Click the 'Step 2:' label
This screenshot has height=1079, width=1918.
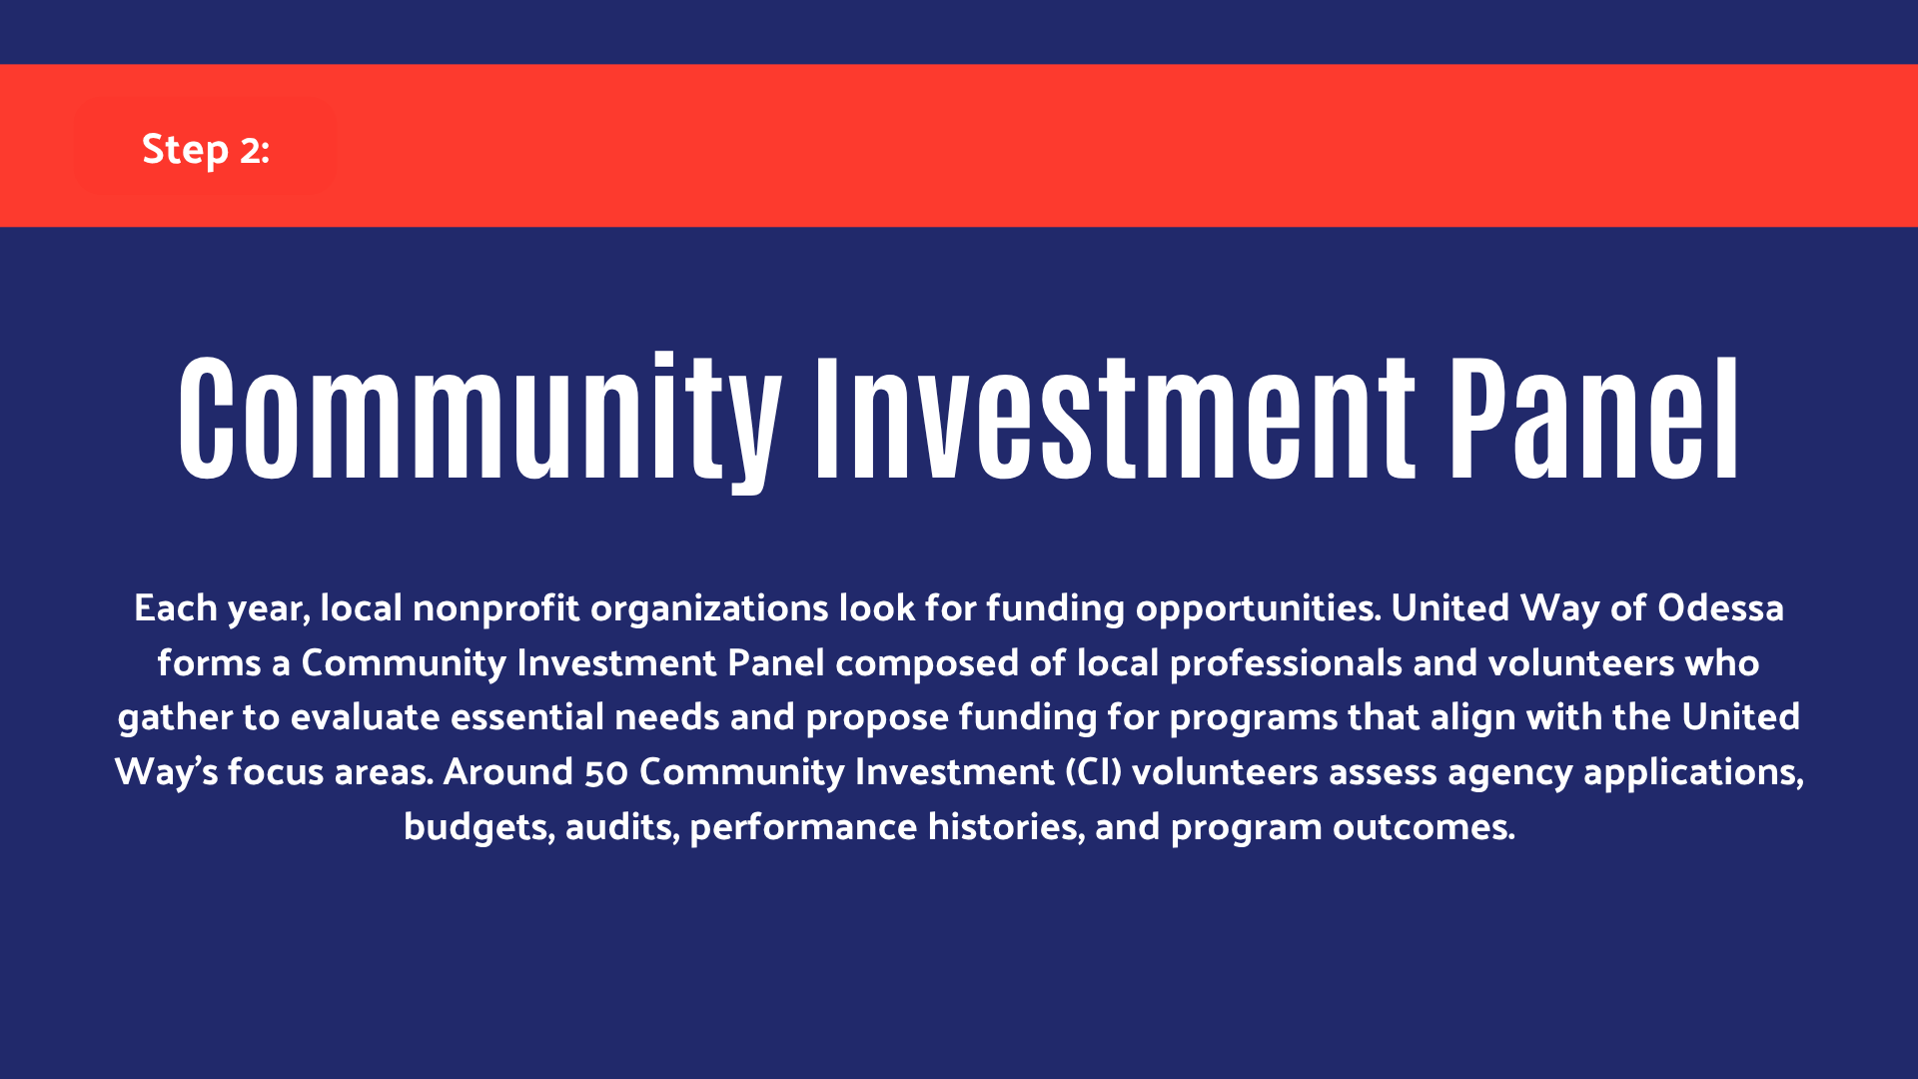click(206, 150)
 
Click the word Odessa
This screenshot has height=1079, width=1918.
click(1720, 607)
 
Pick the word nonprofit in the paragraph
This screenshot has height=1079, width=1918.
click(495, 608)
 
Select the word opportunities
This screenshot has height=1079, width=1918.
click(1259, 608)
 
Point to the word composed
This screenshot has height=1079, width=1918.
click(927, 663)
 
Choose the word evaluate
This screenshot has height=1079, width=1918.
click(366, 717)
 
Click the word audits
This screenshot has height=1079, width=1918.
click(622, 827)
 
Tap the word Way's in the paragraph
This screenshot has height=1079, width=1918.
click(166, 772)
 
